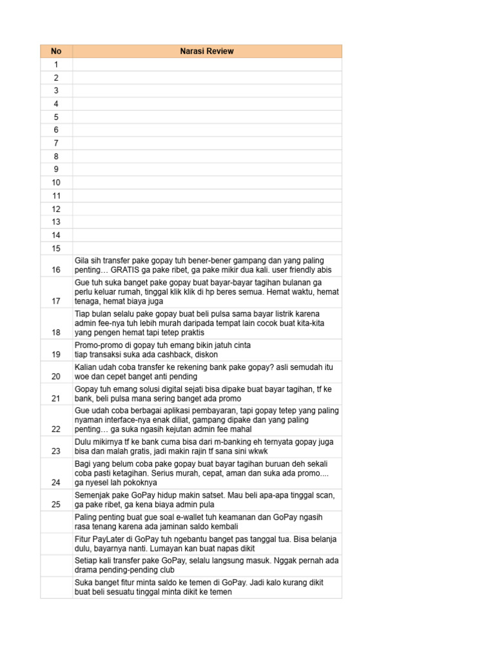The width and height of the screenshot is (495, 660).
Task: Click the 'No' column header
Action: click(56, 51)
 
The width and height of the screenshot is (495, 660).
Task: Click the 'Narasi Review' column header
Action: click(207, 51)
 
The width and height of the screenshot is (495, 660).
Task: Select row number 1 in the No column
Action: click(56, 64)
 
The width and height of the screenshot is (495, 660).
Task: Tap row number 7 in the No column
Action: click(56, 143)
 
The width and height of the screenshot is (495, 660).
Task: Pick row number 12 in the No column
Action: click(56, 209)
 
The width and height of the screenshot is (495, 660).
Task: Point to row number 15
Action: click(56, 248)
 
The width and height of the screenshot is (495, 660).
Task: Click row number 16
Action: click(56, 270)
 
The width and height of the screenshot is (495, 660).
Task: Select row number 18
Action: click(56, 332)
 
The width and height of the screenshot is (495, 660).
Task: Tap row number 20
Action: click(56, 376)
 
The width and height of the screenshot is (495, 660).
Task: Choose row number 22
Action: click(56, 429)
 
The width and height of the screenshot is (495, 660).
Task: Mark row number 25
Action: click(56, 505)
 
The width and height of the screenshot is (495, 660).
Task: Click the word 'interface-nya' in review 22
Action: click(119, 420)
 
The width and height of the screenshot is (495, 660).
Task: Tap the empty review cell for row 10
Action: click(207, 182)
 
